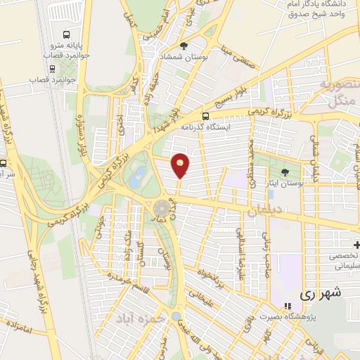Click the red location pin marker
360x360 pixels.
[x=181, y=165]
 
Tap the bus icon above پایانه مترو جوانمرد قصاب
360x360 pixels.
[x=67, y=34]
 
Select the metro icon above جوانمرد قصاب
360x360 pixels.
[x=52, y=69]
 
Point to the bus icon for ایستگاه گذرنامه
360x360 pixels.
[x=205, y=117]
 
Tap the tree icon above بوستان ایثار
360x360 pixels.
[x=285, y=172]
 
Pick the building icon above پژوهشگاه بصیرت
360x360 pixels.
[x=286, y=306]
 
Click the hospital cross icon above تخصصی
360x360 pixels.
[x=356, y=245]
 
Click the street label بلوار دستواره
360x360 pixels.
[x=83, y=134]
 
